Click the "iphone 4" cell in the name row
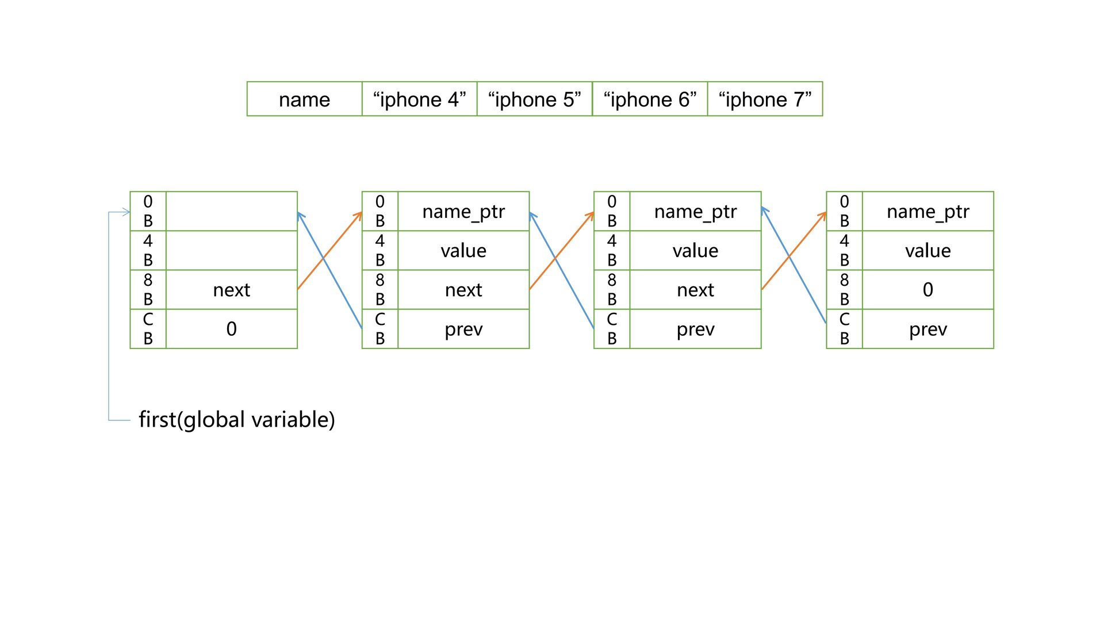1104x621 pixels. (419, 99)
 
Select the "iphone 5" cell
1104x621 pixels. (534, 99)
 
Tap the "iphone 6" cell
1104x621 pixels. (650, 99)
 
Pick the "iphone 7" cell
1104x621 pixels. (765, 99)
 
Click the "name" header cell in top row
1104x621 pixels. (304, 99)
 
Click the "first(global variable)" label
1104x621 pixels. (236, 420)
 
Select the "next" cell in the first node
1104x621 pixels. (231, 290)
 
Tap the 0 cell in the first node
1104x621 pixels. (231, 329)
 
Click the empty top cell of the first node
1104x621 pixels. (231, 212)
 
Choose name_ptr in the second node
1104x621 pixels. (463, 212)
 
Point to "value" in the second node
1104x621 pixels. (463, 251)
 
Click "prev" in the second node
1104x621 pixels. (463, 329)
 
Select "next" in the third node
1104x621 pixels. (695, 290)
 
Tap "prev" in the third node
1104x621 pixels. (695, 329)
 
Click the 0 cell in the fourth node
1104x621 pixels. (927, 290)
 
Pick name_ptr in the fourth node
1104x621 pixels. (927, 212)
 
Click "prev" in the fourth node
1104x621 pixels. (927, 329)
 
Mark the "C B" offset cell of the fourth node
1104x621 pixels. (844, 329)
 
